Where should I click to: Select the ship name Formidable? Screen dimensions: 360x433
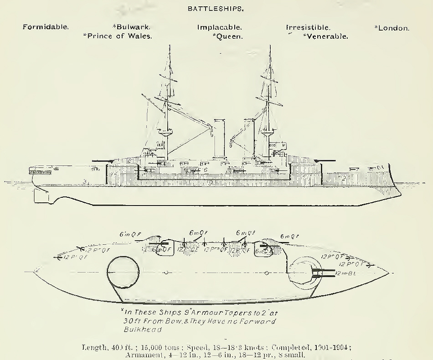pos(46,27)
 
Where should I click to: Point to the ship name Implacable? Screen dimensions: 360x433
pos(219,27)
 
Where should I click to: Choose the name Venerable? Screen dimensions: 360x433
pos(327,36)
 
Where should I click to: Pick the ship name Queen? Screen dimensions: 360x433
pos(229,36)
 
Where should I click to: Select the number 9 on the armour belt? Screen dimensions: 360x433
pos(210,183)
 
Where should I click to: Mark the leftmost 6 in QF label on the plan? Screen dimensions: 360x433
pos(130,234)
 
